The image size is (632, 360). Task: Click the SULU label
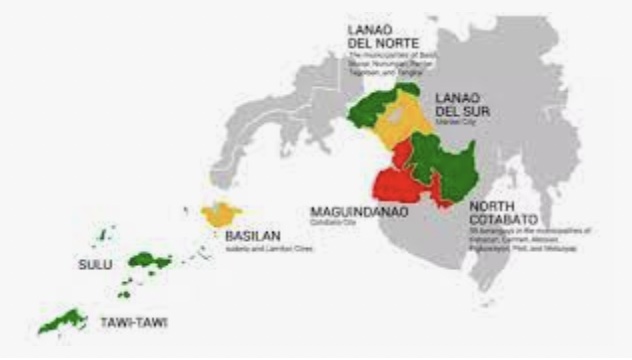click(x=95, y=265)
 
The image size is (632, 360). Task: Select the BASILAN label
click(x=251, y=237)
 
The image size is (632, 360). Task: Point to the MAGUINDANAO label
click(x=356, y=212)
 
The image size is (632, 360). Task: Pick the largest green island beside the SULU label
click(x=151, y=261)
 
